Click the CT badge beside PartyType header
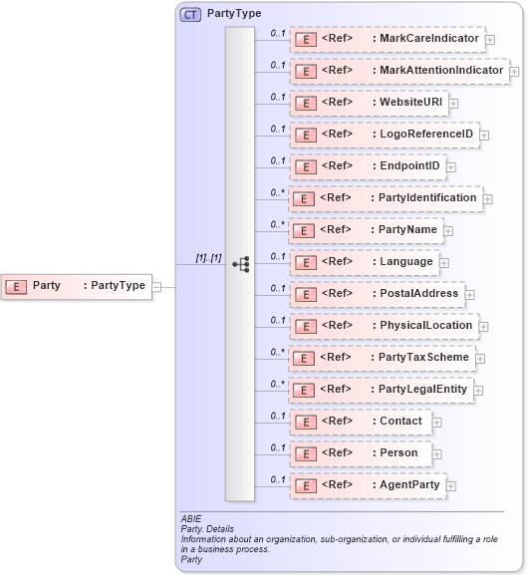189,15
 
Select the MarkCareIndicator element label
427,39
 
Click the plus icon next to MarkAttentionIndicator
514,71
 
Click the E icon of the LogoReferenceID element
306,135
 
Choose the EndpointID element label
408,165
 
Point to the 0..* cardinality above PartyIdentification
278,191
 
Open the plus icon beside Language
444,262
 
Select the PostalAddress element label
418,293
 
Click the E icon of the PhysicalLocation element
306,326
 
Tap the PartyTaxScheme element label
422,357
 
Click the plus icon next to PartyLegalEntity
478,390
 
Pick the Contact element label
400,421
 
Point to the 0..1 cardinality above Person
278,446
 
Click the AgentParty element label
408,484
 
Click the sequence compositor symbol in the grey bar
240,264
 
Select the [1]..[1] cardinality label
208,258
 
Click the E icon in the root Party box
17,286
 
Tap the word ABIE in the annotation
191,519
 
